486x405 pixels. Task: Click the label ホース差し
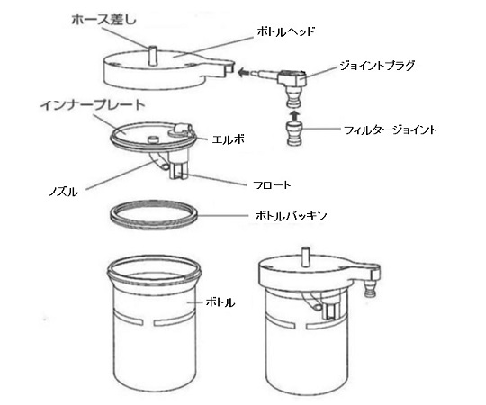coord(103,20)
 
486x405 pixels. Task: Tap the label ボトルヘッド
coord(286,32)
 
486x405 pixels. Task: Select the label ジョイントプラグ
coord(377,66)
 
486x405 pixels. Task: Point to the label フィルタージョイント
coord(391,130)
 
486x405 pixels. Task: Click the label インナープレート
coord(93,105)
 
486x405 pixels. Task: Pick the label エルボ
coord(228,139)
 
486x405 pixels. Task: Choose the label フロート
coord(272,185)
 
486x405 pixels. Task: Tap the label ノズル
coord(63,192)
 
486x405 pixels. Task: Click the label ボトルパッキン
coord(291,216)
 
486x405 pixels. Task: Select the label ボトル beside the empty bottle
coord(220,302)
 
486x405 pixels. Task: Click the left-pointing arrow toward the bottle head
coord(245,73)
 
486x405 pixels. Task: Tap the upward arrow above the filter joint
coord(294,115)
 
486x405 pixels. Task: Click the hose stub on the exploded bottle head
coord(152,56)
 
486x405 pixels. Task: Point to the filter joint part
coord(293,133)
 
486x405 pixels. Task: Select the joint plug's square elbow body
coord(292,78)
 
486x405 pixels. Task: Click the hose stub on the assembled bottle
coord(305,256)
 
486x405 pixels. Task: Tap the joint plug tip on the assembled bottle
coord(370,289)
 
